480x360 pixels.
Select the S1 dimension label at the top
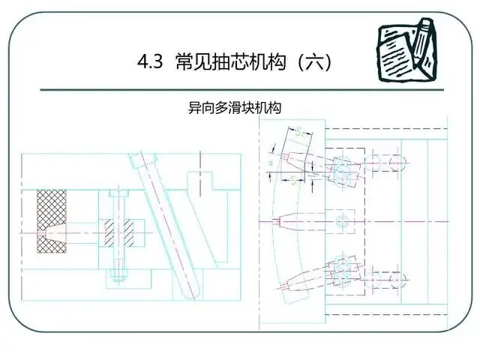pyautogui.click(x=300, y=133)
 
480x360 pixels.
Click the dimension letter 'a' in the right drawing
pyautogui.click(x=270, y=160)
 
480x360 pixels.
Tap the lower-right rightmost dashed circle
pyautogui.click(x=397, y=280)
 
